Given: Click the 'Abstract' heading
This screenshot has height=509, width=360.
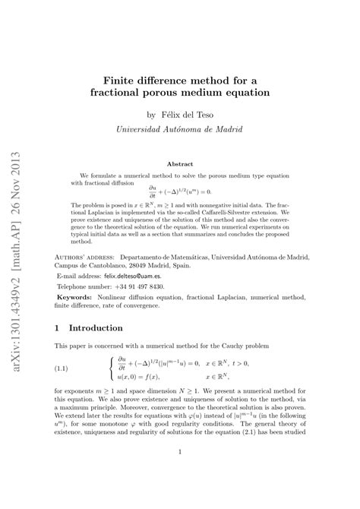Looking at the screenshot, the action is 179,164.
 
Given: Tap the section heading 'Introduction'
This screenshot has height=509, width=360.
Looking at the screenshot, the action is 96,328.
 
